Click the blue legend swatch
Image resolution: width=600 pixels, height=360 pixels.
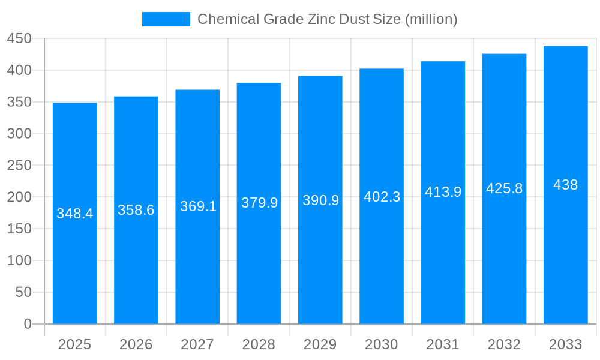(166, 19)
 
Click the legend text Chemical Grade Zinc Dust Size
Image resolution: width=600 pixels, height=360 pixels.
(327, 19)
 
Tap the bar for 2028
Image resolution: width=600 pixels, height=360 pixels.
(259, 270)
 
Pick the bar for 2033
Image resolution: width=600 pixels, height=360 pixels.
(565, 270)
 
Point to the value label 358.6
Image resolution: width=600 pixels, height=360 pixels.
(136, 210)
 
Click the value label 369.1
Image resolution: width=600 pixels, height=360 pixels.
(198, 206)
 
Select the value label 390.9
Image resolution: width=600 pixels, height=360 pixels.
(320, 200)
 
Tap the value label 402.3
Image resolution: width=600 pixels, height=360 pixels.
(382, 197)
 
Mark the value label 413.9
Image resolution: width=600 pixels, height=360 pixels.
(443, 192)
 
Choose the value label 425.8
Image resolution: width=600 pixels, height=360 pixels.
(504, 188)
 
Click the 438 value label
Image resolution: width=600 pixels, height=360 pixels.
(565, 185)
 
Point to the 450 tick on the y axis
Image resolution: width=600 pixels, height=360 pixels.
(19, 38)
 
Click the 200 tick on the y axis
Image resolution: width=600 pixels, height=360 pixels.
(19, 197)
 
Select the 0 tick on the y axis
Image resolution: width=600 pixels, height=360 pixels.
(28, 324)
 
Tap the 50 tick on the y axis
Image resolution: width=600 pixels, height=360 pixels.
(23, 292)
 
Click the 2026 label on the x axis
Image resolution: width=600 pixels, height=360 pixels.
(136, 344)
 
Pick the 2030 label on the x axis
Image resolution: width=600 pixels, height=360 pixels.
(382, 344)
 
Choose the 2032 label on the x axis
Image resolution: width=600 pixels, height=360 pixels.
(504, 344)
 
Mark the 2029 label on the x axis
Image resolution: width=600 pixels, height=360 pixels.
(320, 344)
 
